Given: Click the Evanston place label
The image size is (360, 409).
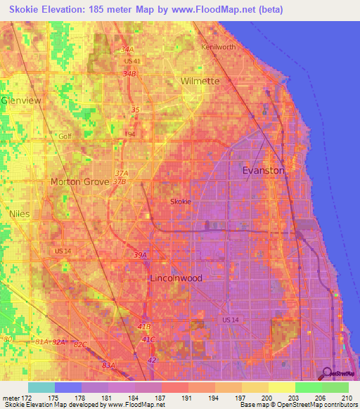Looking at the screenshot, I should [264, 170].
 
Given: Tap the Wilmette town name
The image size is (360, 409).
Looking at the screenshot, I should [200, 81].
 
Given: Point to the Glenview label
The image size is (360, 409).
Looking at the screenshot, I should [21, 100].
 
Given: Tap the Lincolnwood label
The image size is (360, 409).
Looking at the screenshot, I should [176, 278].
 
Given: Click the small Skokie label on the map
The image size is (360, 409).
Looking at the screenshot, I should [181, 202].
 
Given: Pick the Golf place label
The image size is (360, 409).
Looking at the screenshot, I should [65, 136].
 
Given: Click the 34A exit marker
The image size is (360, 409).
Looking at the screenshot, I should [127, 50].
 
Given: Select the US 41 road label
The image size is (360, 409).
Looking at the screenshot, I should [133, 61].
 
